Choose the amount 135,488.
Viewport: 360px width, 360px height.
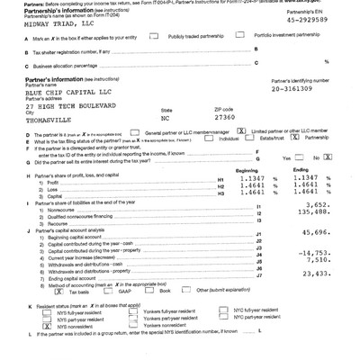319,214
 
